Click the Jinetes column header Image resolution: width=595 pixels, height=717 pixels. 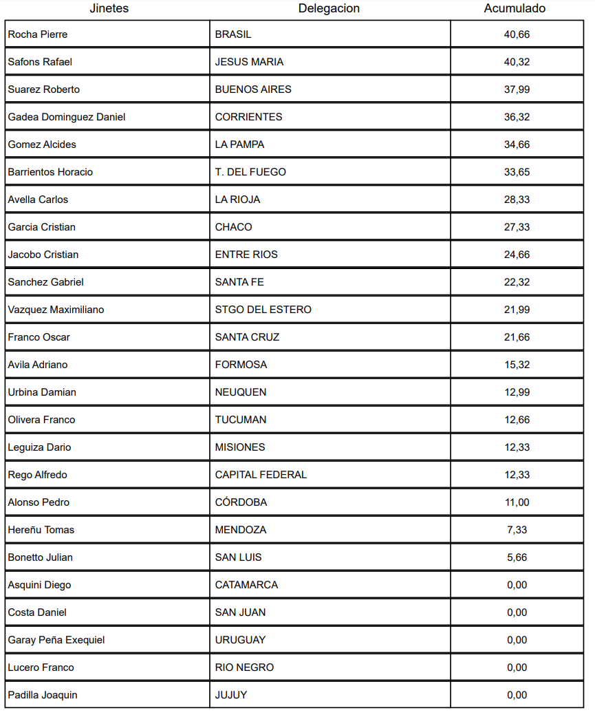pyautogui.click(x=109, y=9)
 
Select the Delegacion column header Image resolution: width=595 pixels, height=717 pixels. pyautogui.click(x=329, y=9)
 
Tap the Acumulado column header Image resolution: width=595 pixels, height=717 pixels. pyautogui.click(x=515, y=9)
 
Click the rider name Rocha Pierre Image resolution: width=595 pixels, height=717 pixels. pyautogui.click(x=38, y=34)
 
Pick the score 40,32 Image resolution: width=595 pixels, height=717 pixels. pyautogui.click(x=517, y=62)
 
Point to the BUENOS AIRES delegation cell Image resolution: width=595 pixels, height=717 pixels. pyautogui.click(x=253, y=89)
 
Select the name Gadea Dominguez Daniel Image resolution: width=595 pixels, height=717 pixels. pyautogui.click(x=67, y=117)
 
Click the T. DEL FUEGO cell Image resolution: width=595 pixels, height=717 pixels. pyautogui.click(x=250, y=172)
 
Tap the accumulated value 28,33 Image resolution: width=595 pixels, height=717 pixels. pyautogui.click(x=517, y=200)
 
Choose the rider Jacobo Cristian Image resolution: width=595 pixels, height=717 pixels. pyautogui.click(x=43, y=255)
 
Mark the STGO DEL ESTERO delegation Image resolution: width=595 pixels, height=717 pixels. pyautogui.click(x=263, y=310)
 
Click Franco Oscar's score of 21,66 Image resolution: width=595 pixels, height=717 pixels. pyautogui.click(x=517, y=337)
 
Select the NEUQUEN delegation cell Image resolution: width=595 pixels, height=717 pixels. pyautogui.click(x=241, y=392)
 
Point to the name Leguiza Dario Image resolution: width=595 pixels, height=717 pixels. pyautogui.click(x=39, y=447)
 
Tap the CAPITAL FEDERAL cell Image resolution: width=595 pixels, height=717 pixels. pyautogui.click(x=261, y=475)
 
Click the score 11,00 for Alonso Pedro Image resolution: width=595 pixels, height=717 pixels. pyautogui.click(x=517, y=502)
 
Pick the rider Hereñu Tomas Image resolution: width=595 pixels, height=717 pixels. pyautogui.click(x=41, y=530)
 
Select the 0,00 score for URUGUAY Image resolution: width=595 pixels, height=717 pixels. pyautogui.click(x=517, y=640)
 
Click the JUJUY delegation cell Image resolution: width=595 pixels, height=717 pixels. pyautogui.click(x=231, y=695)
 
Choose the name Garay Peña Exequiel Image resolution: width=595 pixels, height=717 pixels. pyautogui.click(x=56, y=640)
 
